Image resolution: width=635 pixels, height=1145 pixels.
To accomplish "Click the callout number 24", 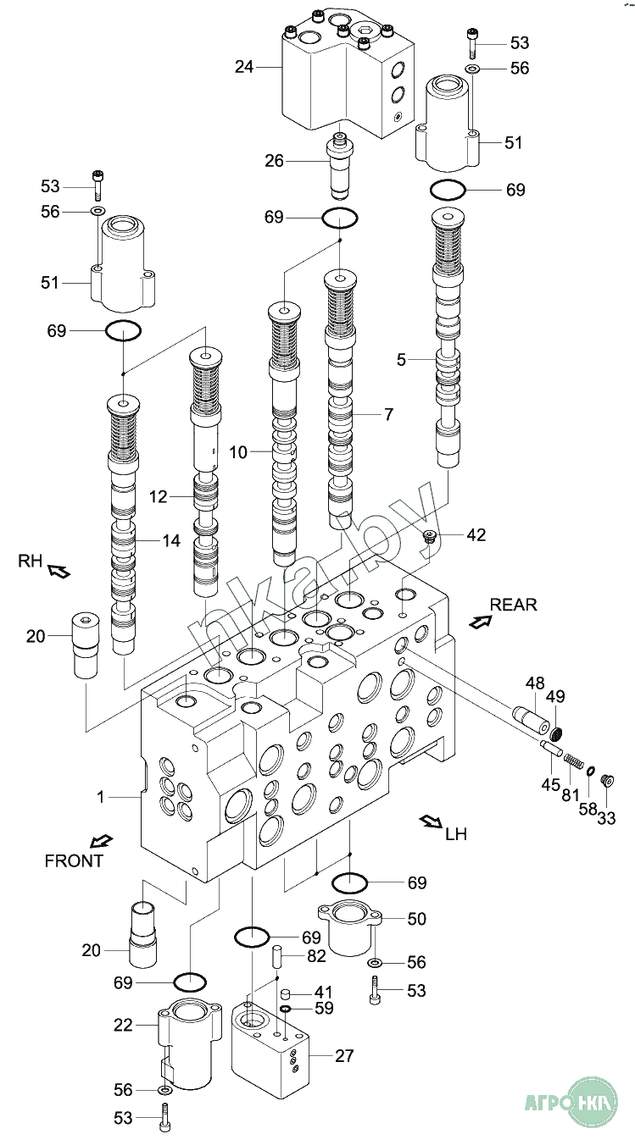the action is pos(244,67).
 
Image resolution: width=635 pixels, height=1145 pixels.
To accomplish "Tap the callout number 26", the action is pos(275,161).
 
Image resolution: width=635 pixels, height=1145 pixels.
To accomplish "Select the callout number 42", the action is pos(476,535).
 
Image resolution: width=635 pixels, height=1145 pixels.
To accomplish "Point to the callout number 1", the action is pos(101,797).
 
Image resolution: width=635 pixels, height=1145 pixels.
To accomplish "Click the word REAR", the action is pos(513,605).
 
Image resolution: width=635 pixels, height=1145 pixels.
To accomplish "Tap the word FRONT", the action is pos(74,861).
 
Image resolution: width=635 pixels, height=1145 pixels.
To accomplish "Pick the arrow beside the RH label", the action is pos(58,571).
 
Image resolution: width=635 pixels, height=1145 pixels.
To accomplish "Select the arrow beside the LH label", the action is pos(431,821).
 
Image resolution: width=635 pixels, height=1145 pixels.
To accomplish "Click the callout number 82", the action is pos(316,956).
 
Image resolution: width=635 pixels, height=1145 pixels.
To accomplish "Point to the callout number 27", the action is pos(344,1055).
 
